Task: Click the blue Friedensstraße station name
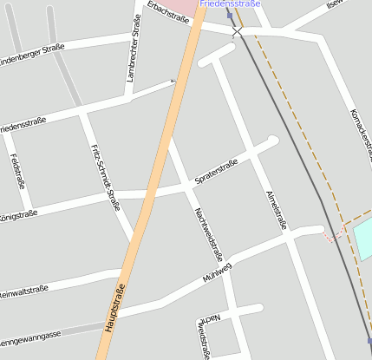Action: coord(230,4)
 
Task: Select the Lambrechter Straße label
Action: coord(135,55)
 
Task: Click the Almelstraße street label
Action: coord(277,207)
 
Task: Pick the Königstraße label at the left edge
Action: coord(17,214)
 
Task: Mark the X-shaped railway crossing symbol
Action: coord(238,31)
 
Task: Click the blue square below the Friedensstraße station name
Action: coord(230,15)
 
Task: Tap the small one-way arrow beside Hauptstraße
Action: coord(173,82)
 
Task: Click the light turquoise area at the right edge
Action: coord(363,236)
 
